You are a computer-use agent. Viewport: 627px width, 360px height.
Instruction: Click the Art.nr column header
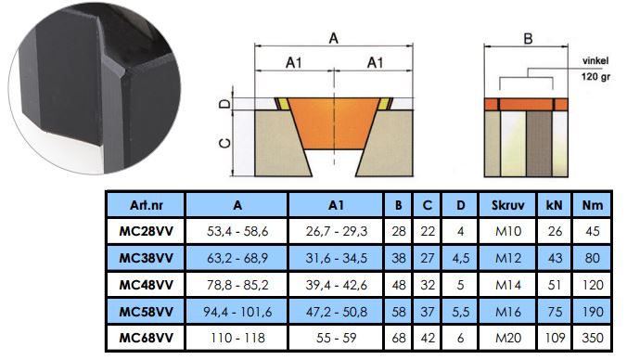147,205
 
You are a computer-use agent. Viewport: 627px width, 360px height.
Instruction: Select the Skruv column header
507,205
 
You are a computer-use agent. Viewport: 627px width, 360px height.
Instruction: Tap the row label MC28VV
147,231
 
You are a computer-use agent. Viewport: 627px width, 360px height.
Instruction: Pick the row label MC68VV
147,338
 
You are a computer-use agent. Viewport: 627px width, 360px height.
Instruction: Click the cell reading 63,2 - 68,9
237,258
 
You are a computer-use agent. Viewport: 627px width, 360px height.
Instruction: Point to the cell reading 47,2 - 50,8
337,312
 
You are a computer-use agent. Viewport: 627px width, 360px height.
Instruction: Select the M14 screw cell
508,285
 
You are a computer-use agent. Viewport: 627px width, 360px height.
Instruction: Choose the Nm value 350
592,338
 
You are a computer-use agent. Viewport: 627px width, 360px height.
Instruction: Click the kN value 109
555,338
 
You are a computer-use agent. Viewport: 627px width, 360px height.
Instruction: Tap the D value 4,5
460,258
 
